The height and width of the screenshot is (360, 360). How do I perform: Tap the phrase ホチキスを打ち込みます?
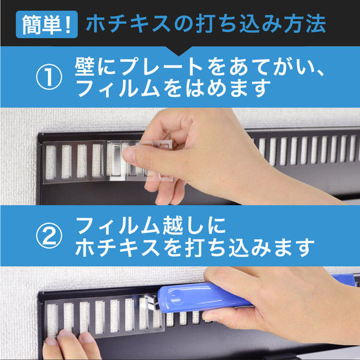pos(196,247)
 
